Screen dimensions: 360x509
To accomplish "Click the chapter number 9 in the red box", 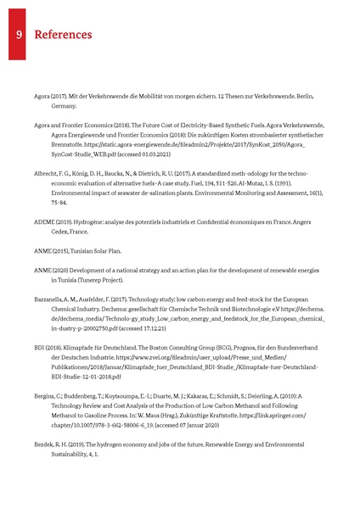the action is click(17, 35).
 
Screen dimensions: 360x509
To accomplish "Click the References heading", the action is click(62, 35).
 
